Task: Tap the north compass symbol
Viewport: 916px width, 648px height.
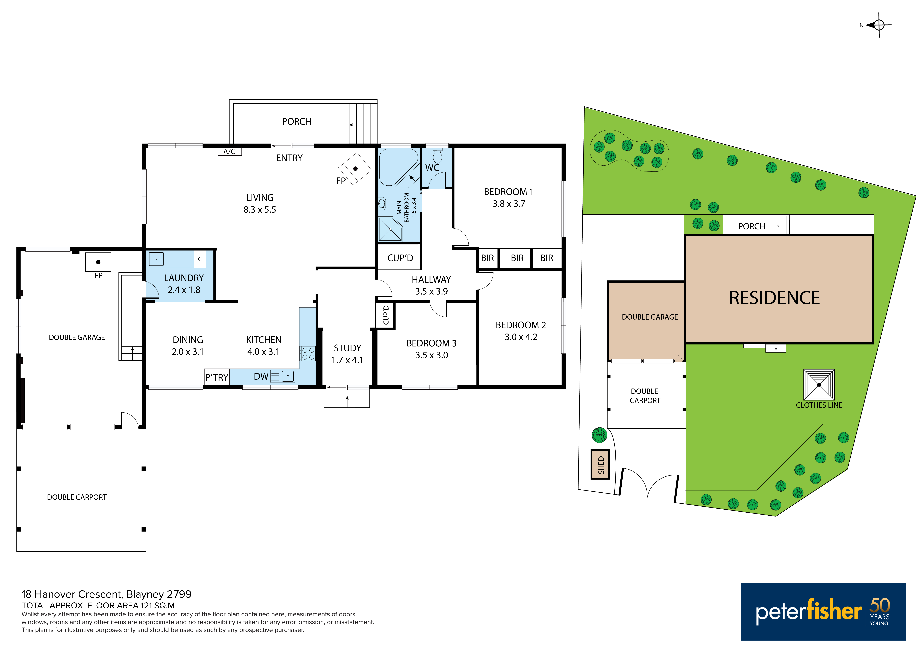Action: coord(879,25)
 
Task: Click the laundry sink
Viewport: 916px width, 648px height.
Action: coord(156,259)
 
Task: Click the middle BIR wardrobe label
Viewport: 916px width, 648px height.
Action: coord(517,258)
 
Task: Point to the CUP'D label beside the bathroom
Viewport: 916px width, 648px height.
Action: coord(400,258)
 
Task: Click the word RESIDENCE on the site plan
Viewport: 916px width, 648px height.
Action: coord(774,298)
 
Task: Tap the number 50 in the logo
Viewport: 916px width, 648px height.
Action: coord(880,605)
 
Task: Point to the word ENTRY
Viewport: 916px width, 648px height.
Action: coord(289,158)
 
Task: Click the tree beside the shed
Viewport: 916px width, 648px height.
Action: coord(599,435)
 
